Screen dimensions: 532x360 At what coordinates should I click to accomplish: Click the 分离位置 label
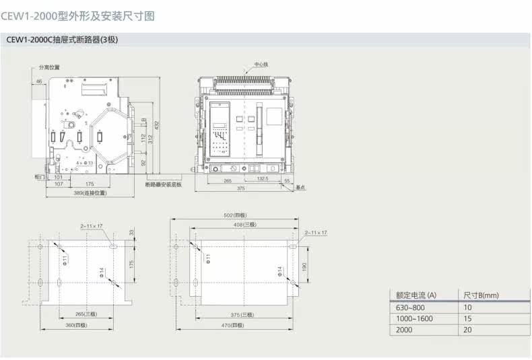tap(49, 67)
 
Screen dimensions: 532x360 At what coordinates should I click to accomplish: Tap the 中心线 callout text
tap(261, 65)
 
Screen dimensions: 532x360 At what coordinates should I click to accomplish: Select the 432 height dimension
tap(157, 125)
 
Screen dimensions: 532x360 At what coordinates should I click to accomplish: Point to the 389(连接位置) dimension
tap(89, 193)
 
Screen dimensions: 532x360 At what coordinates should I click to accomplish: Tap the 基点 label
tap(301, 188)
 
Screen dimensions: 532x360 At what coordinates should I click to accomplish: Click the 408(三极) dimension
tap(244, 224)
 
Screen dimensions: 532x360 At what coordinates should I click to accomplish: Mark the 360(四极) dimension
tap(76, 324)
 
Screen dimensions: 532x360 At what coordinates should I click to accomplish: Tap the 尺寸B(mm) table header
tap(481, 295)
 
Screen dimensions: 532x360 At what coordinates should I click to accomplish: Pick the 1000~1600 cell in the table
tap(414, 319)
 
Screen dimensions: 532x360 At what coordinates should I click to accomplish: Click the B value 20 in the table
tap(468, 330)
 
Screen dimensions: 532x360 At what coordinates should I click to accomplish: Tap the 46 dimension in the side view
tap(38, 81)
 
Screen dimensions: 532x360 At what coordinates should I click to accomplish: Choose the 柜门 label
tap(39, 176)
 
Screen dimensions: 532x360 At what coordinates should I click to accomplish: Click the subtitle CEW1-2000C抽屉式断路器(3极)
tap(63, 40)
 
